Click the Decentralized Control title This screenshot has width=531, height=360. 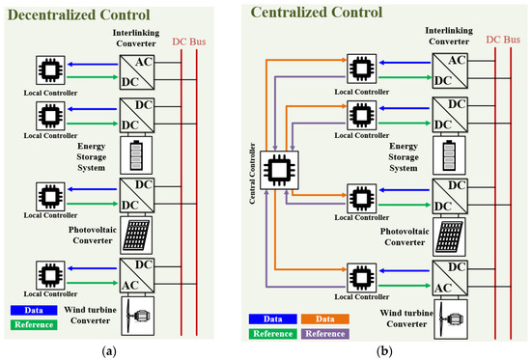77,15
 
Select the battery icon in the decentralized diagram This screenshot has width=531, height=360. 134,153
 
